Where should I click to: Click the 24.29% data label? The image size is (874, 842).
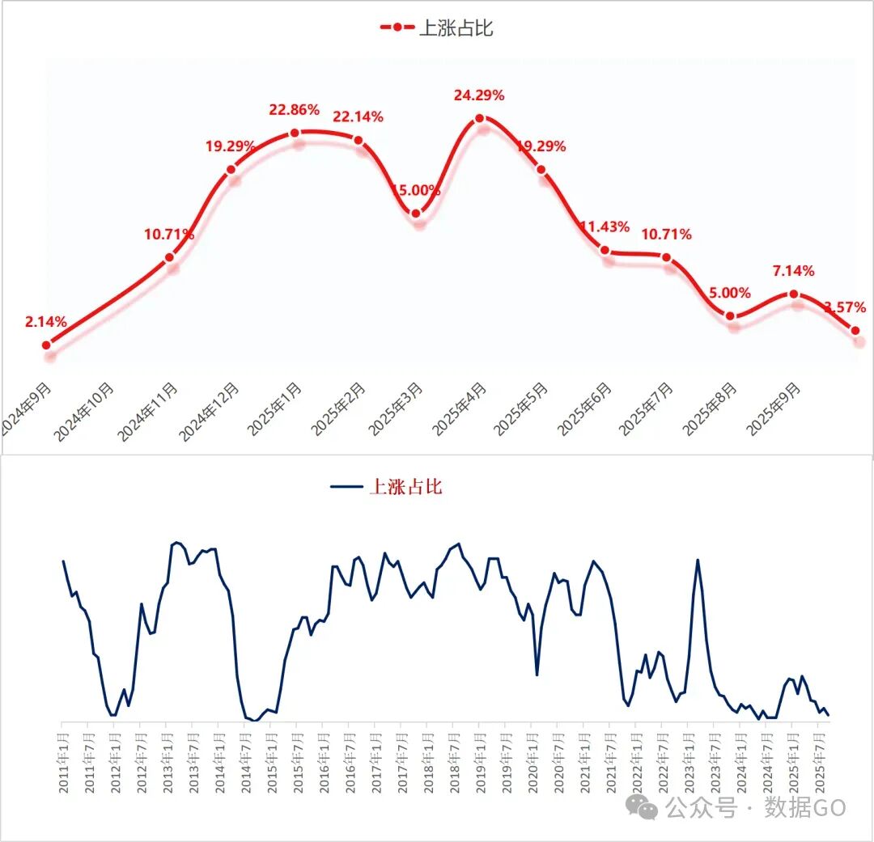coord(479,95)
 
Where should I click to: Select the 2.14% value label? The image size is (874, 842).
coord(46,322)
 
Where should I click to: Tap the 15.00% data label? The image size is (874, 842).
coord(416,191)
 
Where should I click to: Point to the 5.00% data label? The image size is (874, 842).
coord(730,293)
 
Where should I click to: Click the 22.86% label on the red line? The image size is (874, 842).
coord(295,109)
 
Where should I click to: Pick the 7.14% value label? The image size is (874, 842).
coord(793,270)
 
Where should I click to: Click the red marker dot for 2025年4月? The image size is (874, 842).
coord(480,118)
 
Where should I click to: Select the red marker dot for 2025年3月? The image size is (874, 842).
coord(416,214)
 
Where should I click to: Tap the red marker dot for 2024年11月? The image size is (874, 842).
coord(169,258)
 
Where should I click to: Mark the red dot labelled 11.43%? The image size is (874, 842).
coord(605,251)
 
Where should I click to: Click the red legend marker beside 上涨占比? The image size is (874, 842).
coord(397,28)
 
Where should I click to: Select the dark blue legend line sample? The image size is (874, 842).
coord(347,486)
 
